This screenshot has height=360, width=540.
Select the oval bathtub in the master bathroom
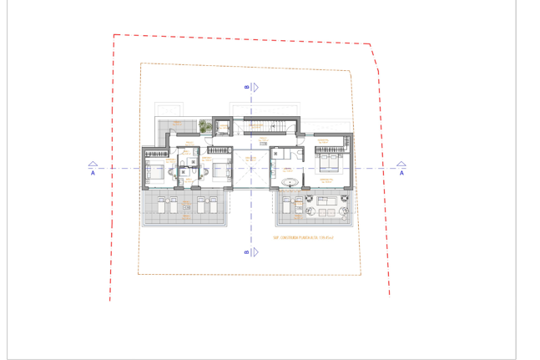[x=290, y=181]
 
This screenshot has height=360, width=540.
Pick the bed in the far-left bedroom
[x=156, y=172]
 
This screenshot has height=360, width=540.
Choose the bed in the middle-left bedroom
[x=219, y=170]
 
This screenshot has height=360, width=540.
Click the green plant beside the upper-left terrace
[x=203, y=126]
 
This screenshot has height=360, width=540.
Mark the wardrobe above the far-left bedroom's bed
[x=155, y=153]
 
